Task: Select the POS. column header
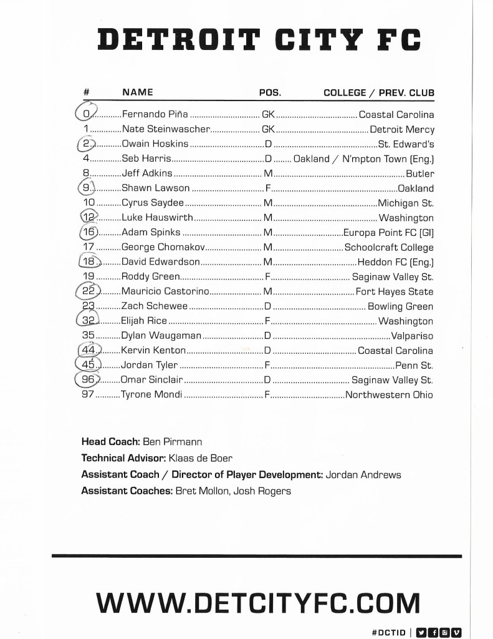(x=270, y=93)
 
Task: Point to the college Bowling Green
(x=400, y=306)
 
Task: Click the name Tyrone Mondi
(x=152, y=394)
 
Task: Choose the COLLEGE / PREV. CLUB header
(x=378, y=93)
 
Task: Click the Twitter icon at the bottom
(x=421, y=632)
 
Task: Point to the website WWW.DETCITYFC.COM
(x=258, y=603)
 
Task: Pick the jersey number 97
(x=87, y=394)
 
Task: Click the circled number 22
(x=88, y=291)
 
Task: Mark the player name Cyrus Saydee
(x=153, y=203)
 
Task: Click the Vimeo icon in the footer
(x=456, y=632)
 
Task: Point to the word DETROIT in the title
(x=179, y=41)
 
